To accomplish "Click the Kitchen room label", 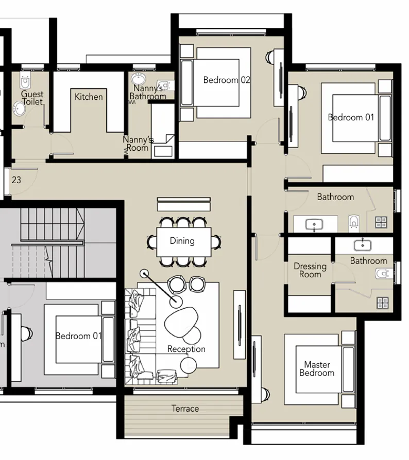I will click(89, 97).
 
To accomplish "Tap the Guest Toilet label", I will click(32, 98).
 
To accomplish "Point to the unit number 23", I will click(16, 180).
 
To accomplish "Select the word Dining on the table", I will click(182, 241).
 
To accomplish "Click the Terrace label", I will click(185, 409).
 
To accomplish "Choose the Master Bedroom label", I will click(317, 368).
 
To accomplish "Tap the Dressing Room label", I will click(310, 270).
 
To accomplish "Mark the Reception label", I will click(186, 349).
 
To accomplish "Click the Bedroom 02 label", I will click(227, 80).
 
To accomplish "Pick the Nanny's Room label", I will click(138, 144).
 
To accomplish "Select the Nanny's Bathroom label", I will click(148, 93).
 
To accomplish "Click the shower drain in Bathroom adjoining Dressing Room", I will click(382, 303).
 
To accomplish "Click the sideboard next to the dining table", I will click(183, 204).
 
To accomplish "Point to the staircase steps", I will click(52, 242).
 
